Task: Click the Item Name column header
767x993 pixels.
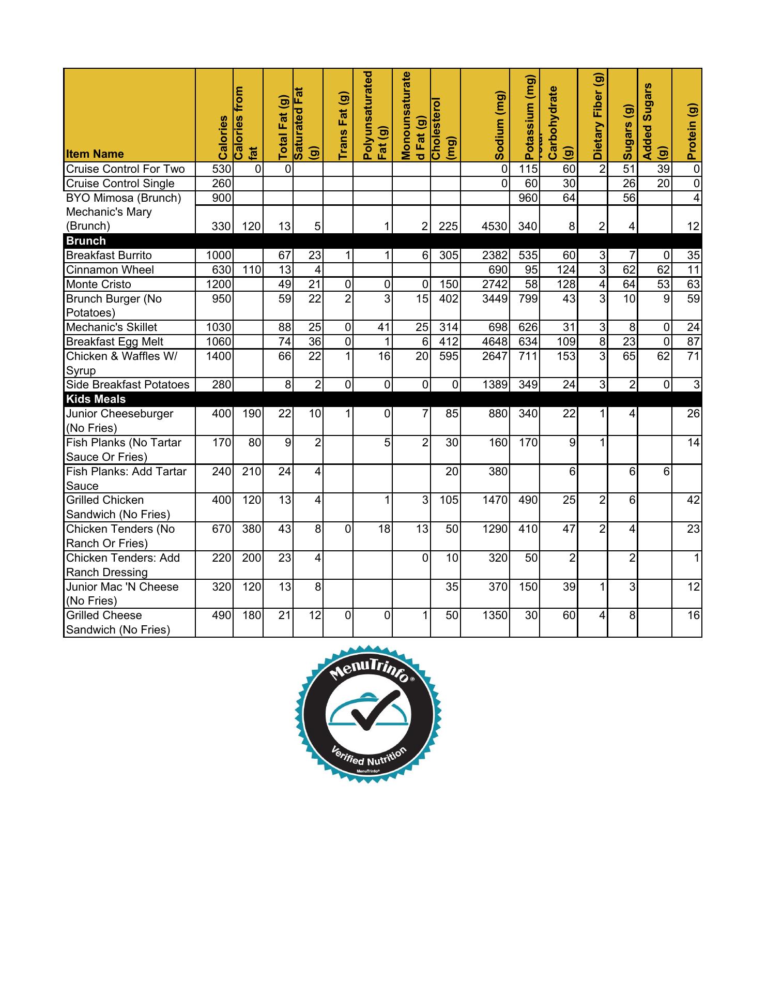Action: coord(95,154)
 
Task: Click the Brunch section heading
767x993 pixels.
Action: coord(86,241)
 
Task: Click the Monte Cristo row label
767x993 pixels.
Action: coord(99,284)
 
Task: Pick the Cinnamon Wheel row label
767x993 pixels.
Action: coord(103,270)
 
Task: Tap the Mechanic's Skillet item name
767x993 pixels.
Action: coord(112,327)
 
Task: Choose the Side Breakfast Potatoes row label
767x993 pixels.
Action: coord(128,385)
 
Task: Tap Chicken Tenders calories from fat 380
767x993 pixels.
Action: coord(252,529)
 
